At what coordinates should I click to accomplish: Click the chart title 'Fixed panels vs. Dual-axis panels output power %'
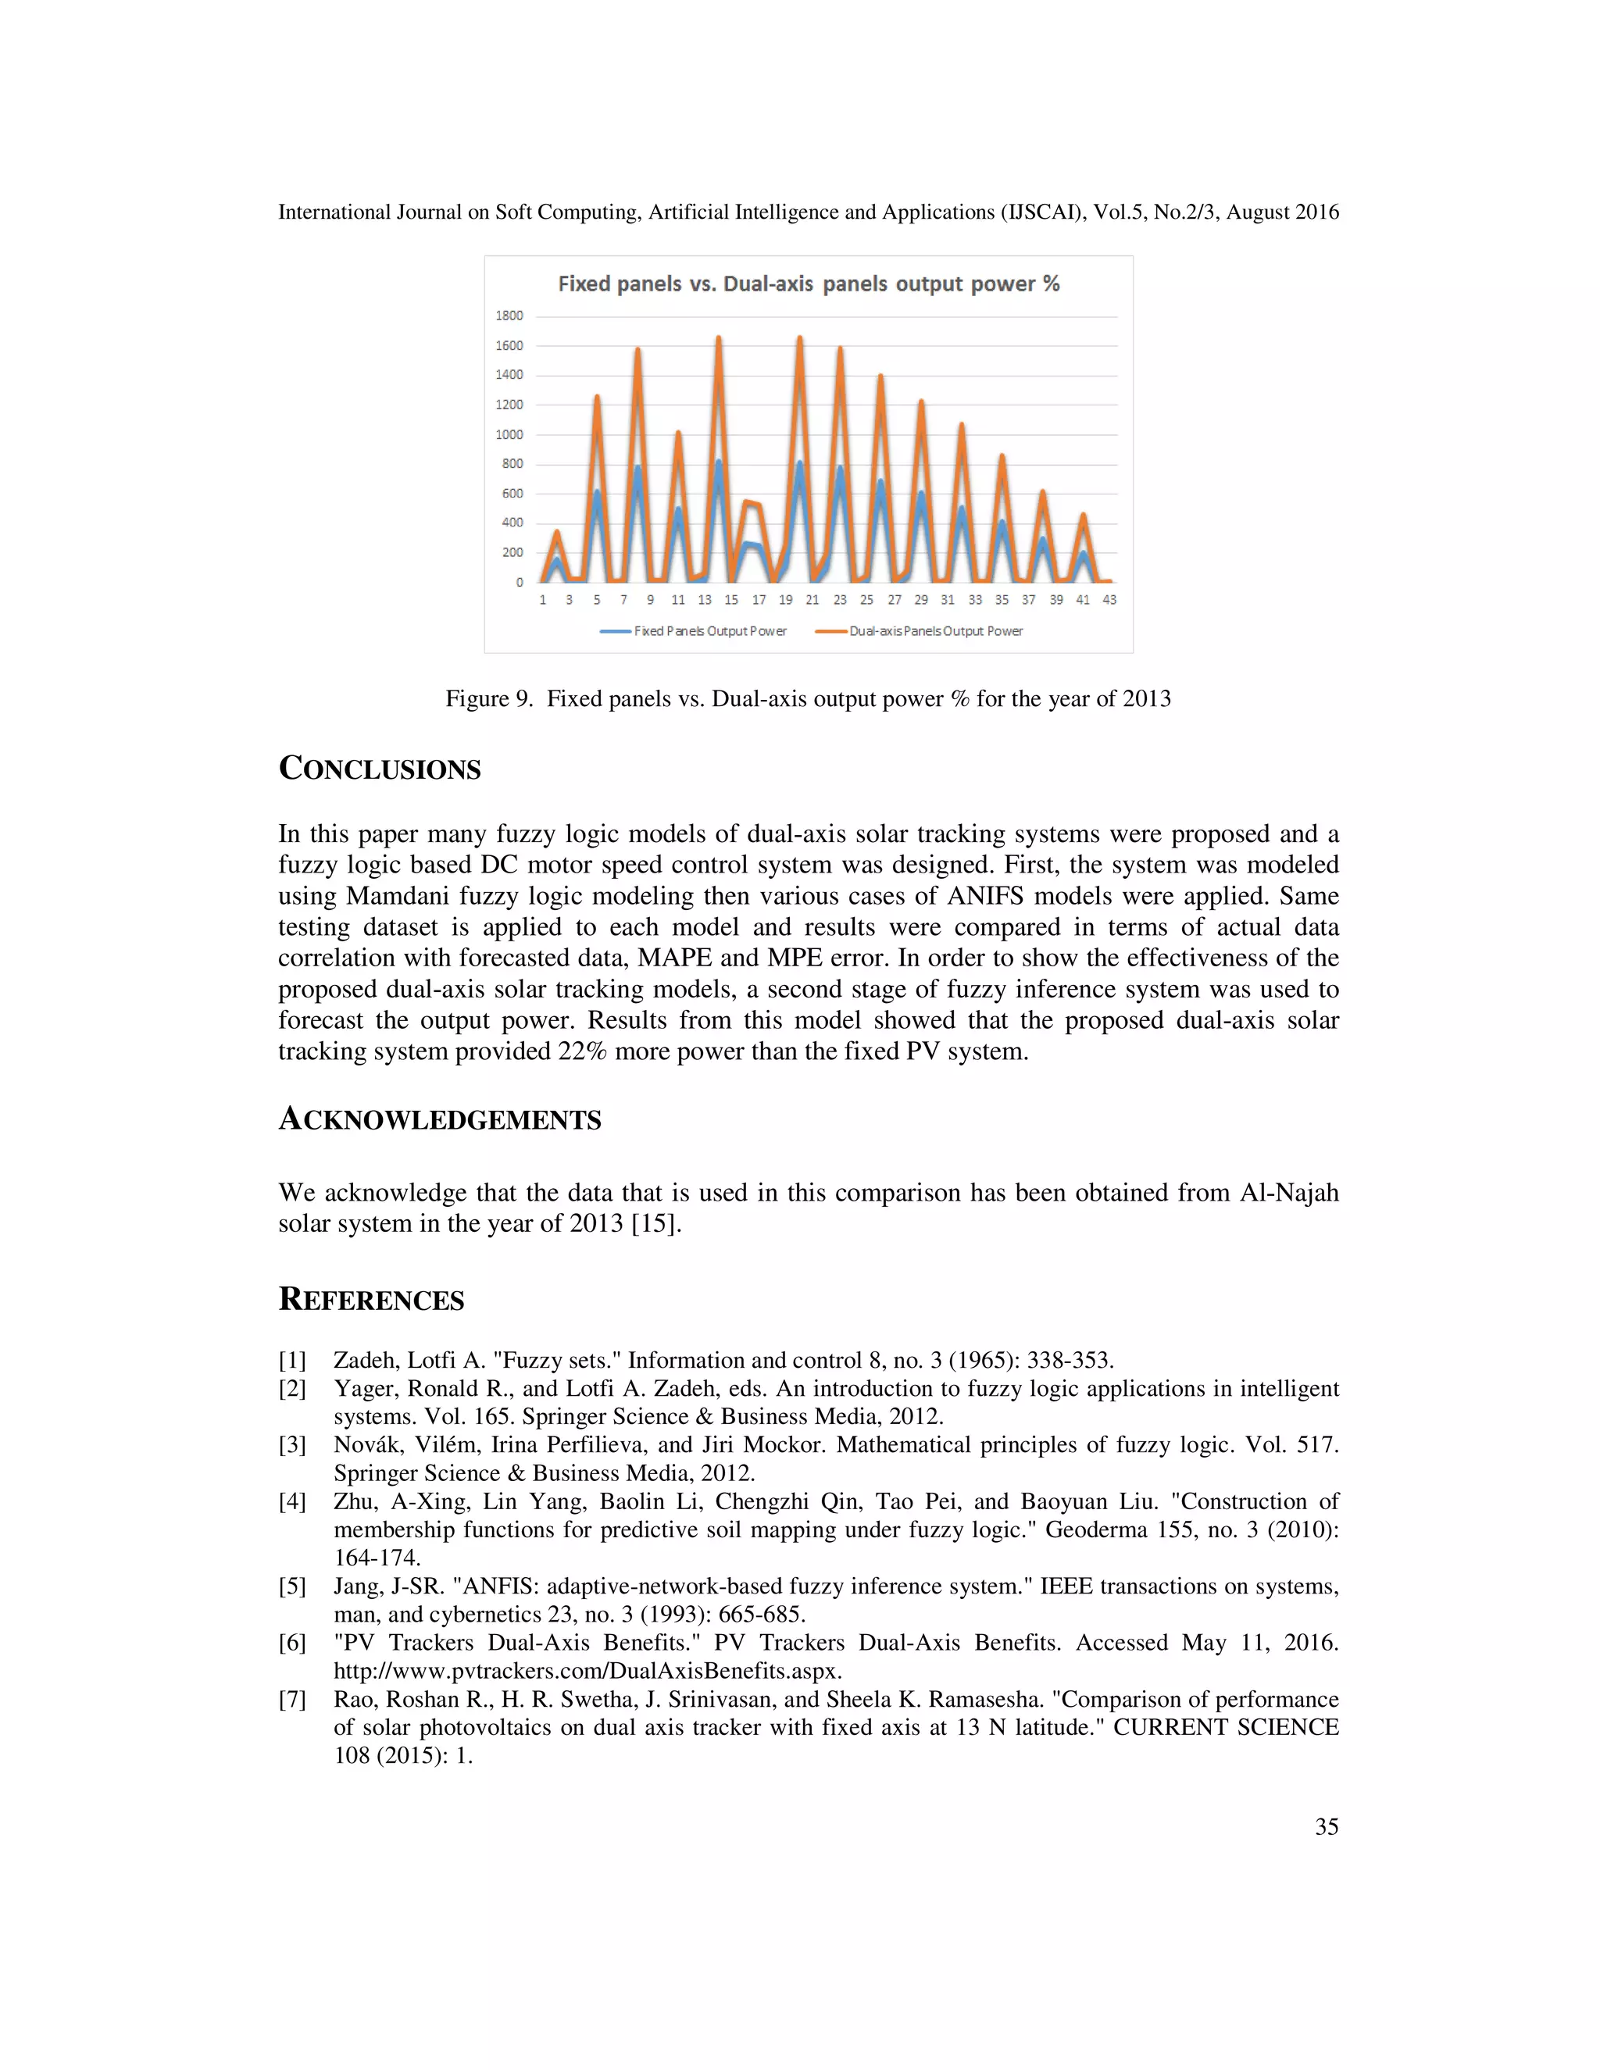pos(809,284)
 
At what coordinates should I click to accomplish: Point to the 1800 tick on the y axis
pos(509,316)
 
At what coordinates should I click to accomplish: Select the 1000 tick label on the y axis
pos(509,435)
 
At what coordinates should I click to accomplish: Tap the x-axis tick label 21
pos(812,600)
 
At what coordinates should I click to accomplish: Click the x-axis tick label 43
pos(1109,600)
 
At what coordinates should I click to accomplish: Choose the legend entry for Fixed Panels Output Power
pos(694,631)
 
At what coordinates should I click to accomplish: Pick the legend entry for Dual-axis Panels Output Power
pos(919,631)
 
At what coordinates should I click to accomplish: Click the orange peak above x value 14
pos(719,338)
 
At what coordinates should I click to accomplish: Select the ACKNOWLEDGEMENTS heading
pos(440,1119)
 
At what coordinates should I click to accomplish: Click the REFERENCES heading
pos(372,1300)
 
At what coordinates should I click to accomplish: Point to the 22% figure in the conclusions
pos(582,1051)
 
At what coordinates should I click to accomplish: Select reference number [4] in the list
pos(292,1501)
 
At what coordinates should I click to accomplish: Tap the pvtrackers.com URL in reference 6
pos(587,1670)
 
